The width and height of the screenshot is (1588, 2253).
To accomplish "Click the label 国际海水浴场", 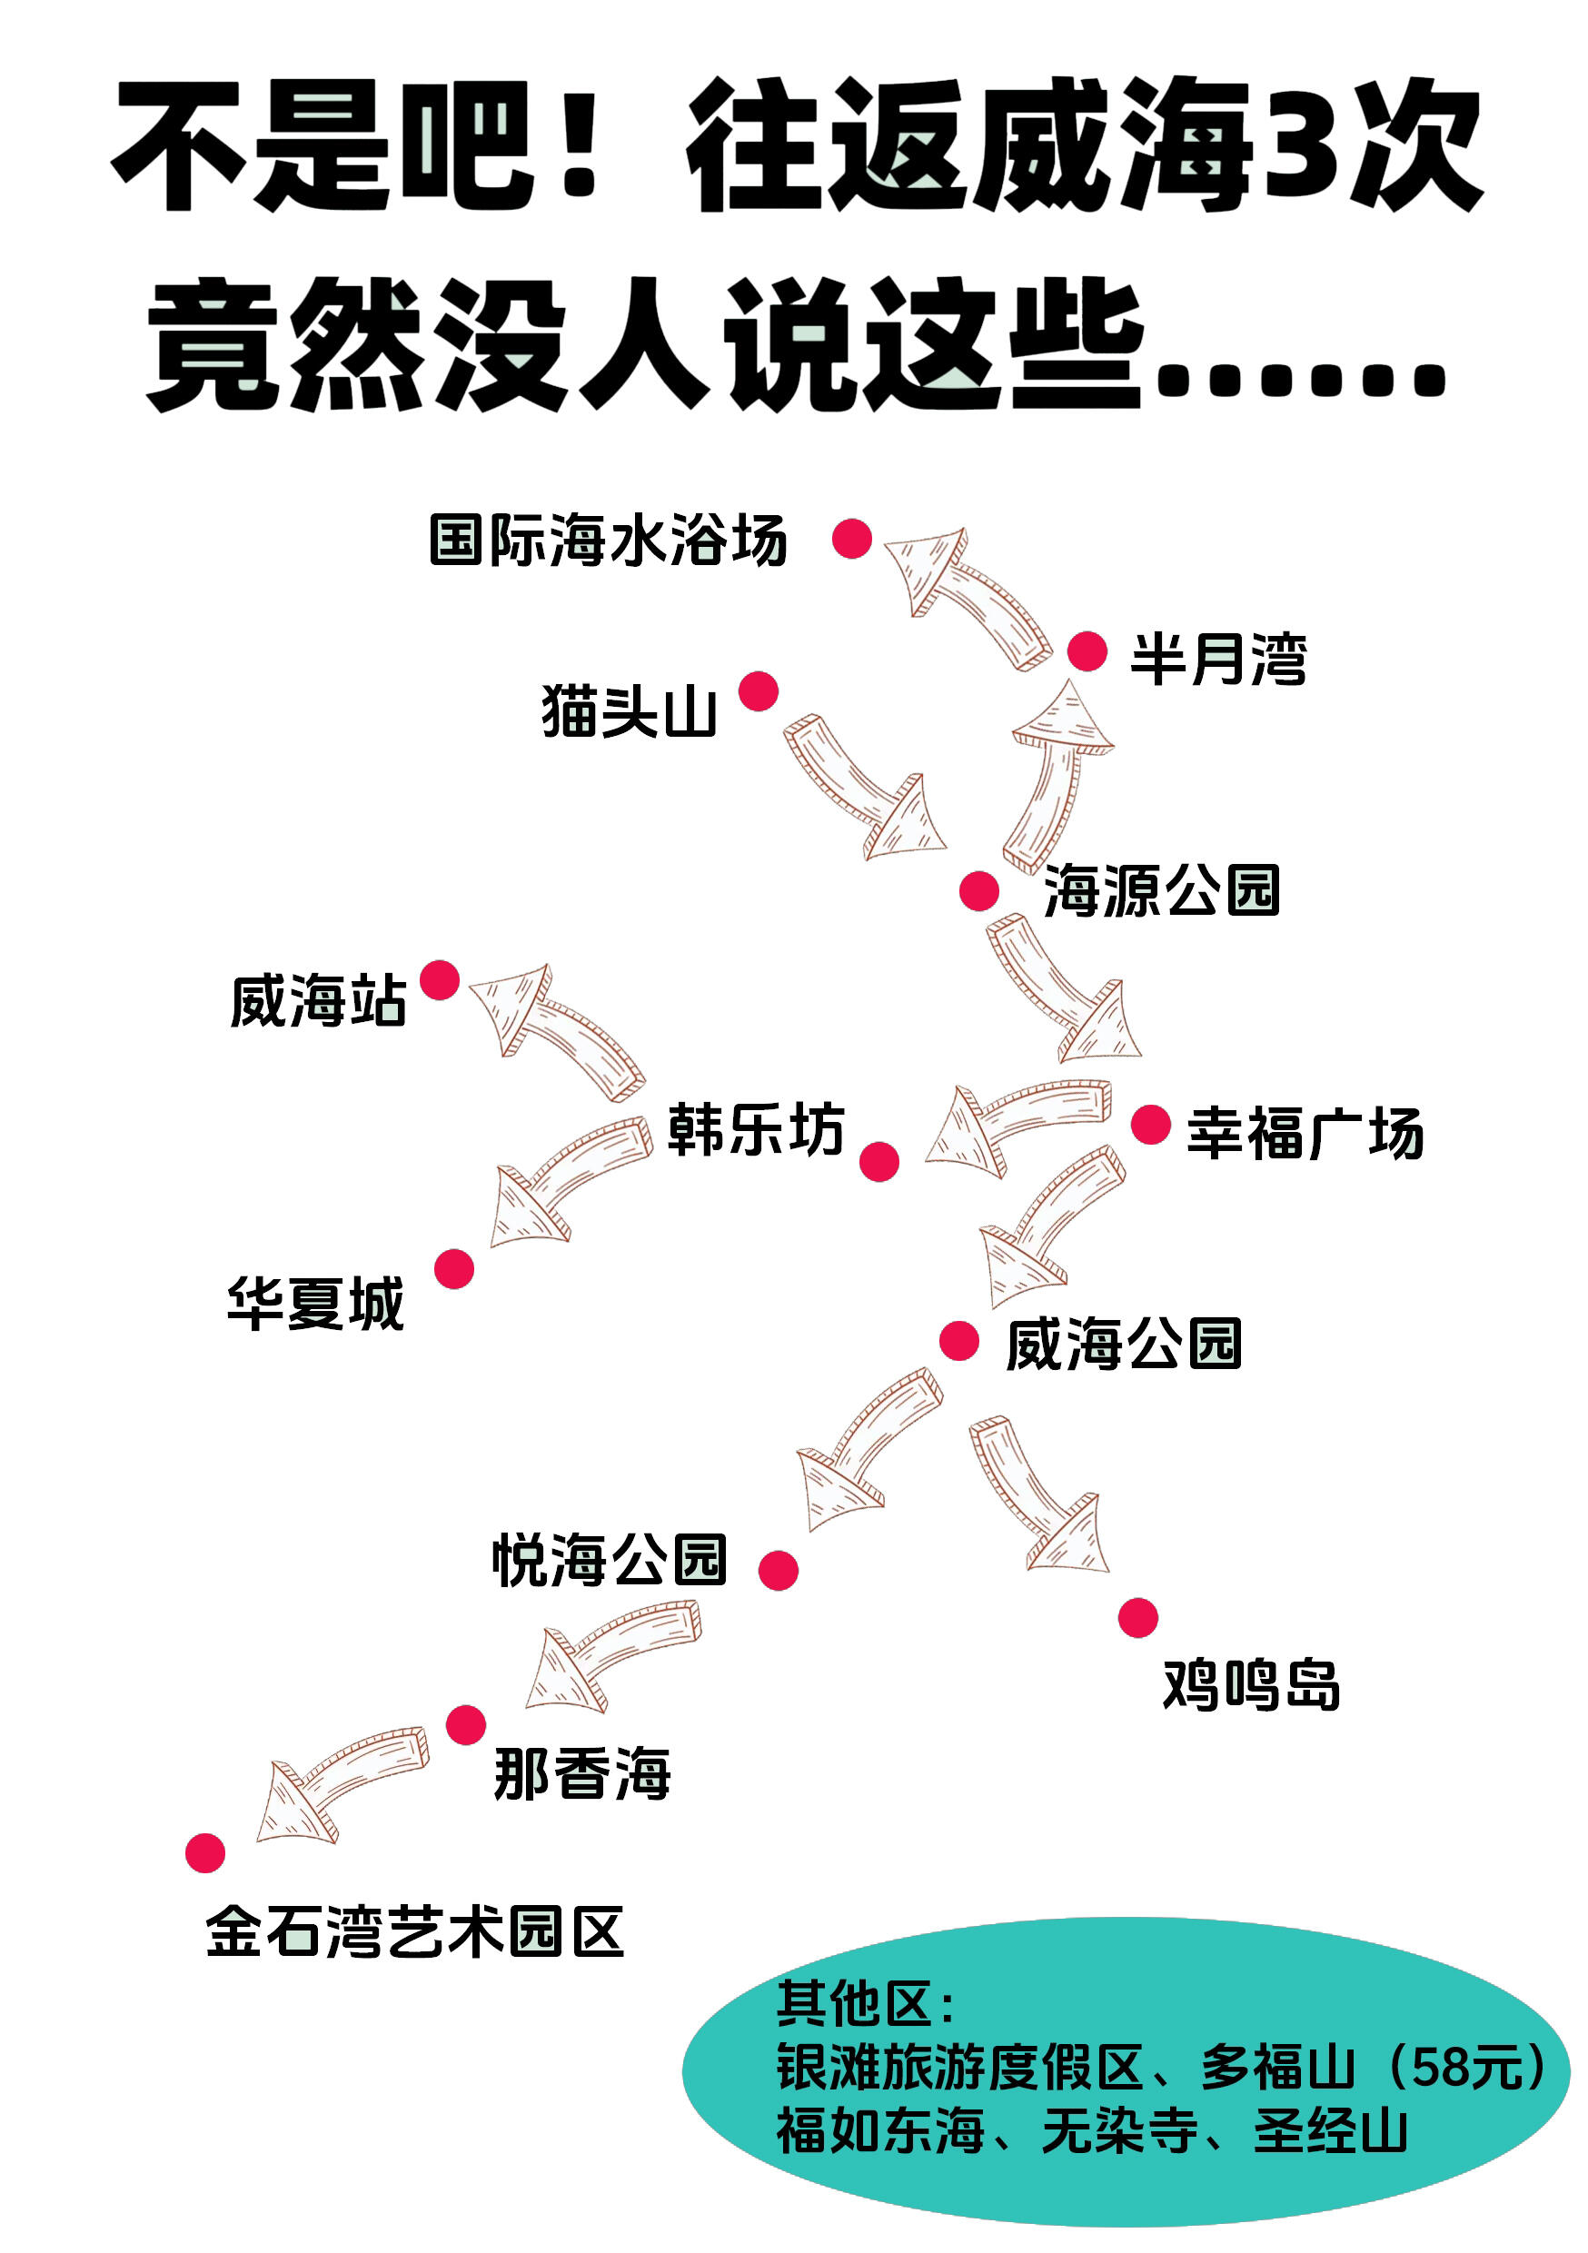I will (x=608, y=541).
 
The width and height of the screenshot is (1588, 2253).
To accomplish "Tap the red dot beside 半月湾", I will (x=1087, y=651).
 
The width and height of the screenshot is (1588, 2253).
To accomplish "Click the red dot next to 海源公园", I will (x=978, y=891).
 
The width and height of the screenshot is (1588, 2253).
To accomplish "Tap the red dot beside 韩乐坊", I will (x=878, y=1162).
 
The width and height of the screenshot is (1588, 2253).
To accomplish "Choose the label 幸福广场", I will (x=1305, y=1134).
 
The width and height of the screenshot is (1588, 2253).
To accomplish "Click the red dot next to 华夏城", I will (x=453, y=1269).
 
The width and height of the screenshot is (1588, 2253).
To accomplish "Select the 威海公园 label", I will (x=1124, y=1344).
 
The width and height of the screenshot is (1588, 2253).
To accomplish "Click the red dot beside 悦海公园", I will (x=779, y=1570).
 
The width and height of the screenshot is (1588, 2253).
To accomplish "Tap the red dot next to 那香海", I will (x=465, y=1724).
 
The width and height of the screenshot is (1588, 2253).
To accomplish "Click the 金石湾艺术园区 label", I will (x=414, y=1932).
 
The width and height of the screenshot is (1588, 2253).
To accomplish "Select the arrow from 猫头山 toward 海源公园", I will (x=859, y=786).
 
